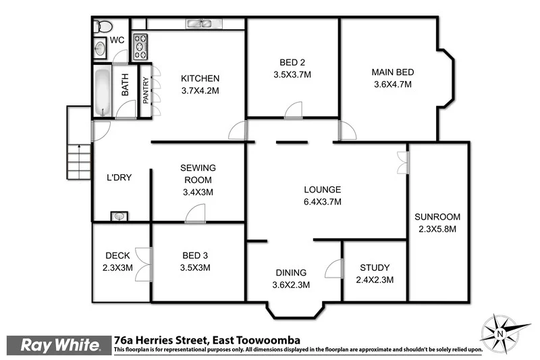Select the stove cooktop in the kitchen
(142, 47)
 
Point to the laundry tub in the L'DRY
(119, 216)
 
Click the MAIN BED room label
(392, 72)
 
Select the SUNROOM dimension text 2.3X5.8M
(437, 229)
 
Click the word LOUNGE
(322, 190)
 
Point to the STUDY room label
(375, 267)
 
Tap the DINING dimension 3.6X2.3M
(291, 284)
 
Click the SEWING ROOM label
(197, 174)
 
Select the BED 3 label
(196, 255)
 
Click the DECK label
(117, 255)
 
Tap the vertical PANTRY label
(145, 87)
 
